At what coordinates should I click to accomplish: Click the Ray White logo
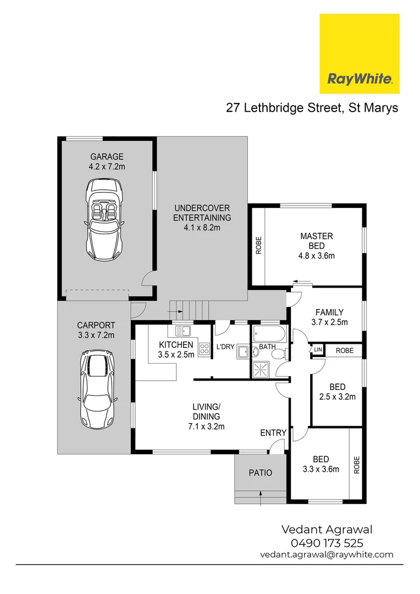click(x=360, y=54)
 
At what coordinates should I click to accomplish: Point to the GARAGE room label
click(x=107, y=156)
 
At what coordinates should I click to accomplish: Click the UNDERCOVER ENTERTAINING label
click(x=202, y=213)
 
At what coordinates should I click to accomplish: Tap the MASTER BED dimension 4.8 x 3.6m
click(x=316, y=255)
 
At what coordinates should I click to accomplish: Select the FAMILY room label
click(x=329, y=312)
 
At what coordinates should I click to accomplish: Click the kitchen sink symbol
click(x=183, y=331)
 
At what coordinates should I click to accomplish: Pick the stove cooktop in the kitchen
click(x=205, y=348)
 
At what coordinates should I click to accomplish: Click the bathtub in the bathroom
click(x=269, y=333)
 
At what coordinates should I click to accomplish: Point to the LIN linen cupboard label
click(x=317, y=350)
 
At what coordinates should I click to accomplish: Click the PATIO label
click(x=260, y=473)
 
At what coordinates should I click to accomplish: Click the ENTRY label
click(x=273, y=433)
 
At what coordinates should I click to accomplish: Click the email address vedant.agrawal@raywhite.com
click(x=327, y=554)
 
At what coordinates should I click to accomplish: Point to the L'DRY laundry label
click(x=225, y=346)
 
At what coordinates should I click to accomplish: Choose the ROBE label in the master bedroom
click(x=258, y=245)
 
